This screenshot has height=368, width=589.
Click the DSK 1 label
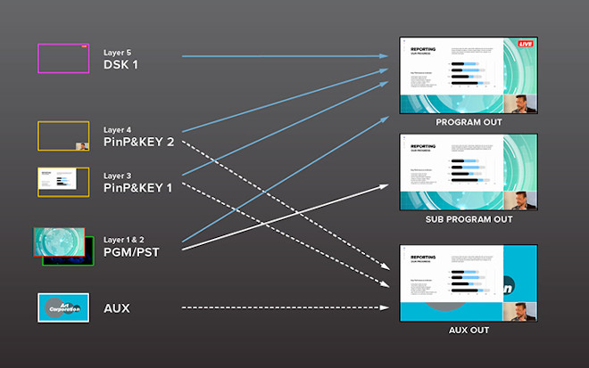click(121, 65)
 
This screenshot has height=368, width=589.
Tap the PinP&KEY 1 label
click(138, 188)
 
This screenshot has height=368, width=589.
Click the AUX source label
click(117, 308)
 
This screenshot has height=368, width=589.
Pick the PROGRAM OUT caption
click(469, 122)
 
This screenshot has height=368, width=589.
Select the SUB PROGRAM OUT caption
click(469, 219)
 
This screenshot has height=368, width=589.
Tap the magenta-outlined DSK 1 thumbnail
click(62, 58)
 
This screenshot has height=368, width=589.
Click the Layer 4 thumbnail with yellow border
click(62, 135)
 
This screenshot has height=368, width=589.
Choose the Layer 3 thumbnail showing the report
click(62, 182)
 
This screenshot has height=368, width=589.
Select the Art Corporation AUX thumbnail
click(62, 307)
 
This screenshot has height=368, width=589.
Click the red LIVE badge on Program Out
click(526, 44)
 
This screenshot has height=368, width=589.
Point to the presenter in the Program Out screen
click(526, 102)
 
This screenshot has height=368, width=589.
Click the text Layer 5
click(118, 53)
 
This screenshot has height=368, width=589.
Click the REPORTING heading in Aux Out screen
click(423, 257)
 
